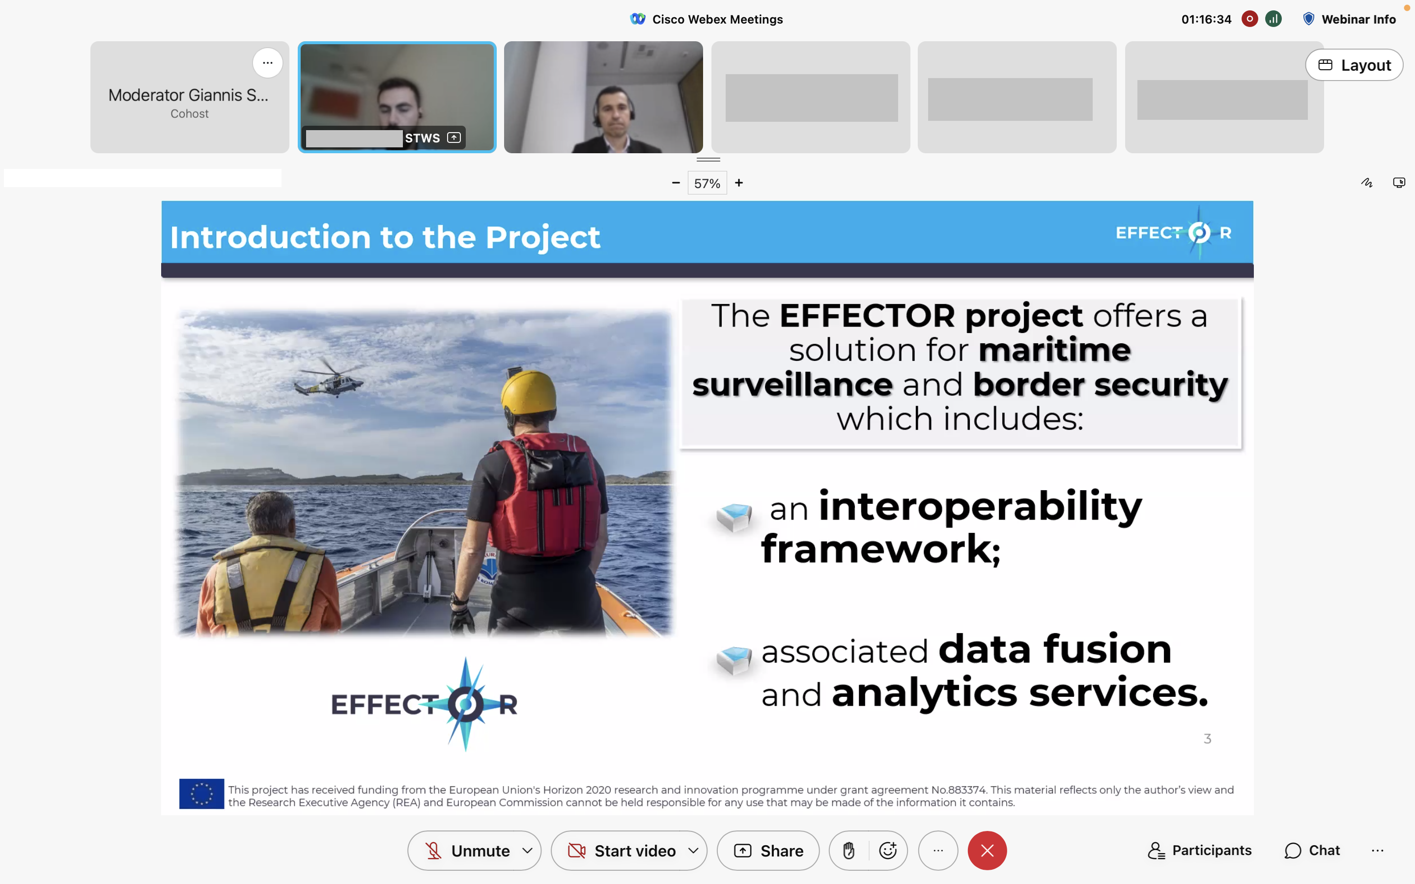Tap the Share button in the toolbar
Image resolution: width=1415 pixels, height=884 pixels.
768,851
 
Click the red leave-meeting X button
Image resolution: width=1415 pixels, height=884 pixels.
987,851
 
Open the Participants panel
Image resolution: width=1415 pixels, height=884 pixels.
1200,851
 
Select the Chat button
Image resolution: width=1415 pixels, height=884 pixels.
1312,851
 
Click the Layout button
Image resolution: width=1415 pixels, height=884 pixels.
1354,65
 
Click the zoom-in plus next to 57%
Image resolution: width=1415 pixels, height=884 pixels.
739,183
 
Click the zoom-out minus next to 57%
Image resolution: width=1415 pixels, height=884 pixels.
676,183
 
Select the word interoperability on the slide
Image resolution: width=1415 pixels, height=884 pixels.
980,506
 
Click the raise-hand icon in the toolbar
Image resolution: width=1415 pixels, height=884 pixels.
849,851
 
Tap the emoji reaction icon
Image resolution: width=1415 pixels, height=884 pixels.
888,851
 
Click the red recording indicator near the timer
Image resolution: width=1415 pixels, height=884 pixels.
1249,19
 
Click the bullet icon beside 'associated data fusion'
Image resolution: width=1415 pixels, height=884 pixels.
735,660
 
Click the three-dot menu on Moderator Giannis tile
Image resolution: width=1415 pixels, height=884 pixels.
268,62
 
